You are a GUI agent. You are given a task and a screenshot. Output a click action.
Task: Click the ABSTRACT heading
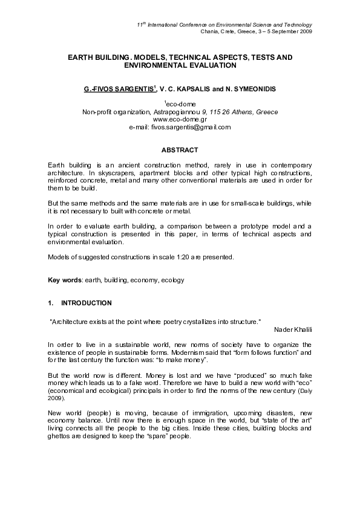coord(180,149)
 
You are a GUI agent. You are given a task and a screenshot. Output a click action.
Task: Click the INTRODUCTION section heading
coord(87,302)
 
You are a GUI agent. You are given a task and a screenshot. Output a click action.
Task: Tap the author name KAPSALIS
coord(195,89)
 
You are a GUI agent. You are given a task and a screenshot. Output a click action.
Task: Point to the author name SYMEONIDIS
coord(252,89)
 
